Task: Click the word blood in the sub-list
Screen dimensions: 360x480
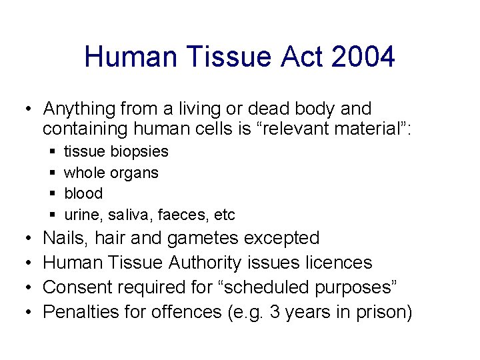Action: [83, 194]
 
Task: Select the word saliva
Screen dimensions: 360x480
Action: [126, 215]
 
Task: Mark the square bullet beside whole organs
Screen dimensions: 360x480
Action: [52, 173]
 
